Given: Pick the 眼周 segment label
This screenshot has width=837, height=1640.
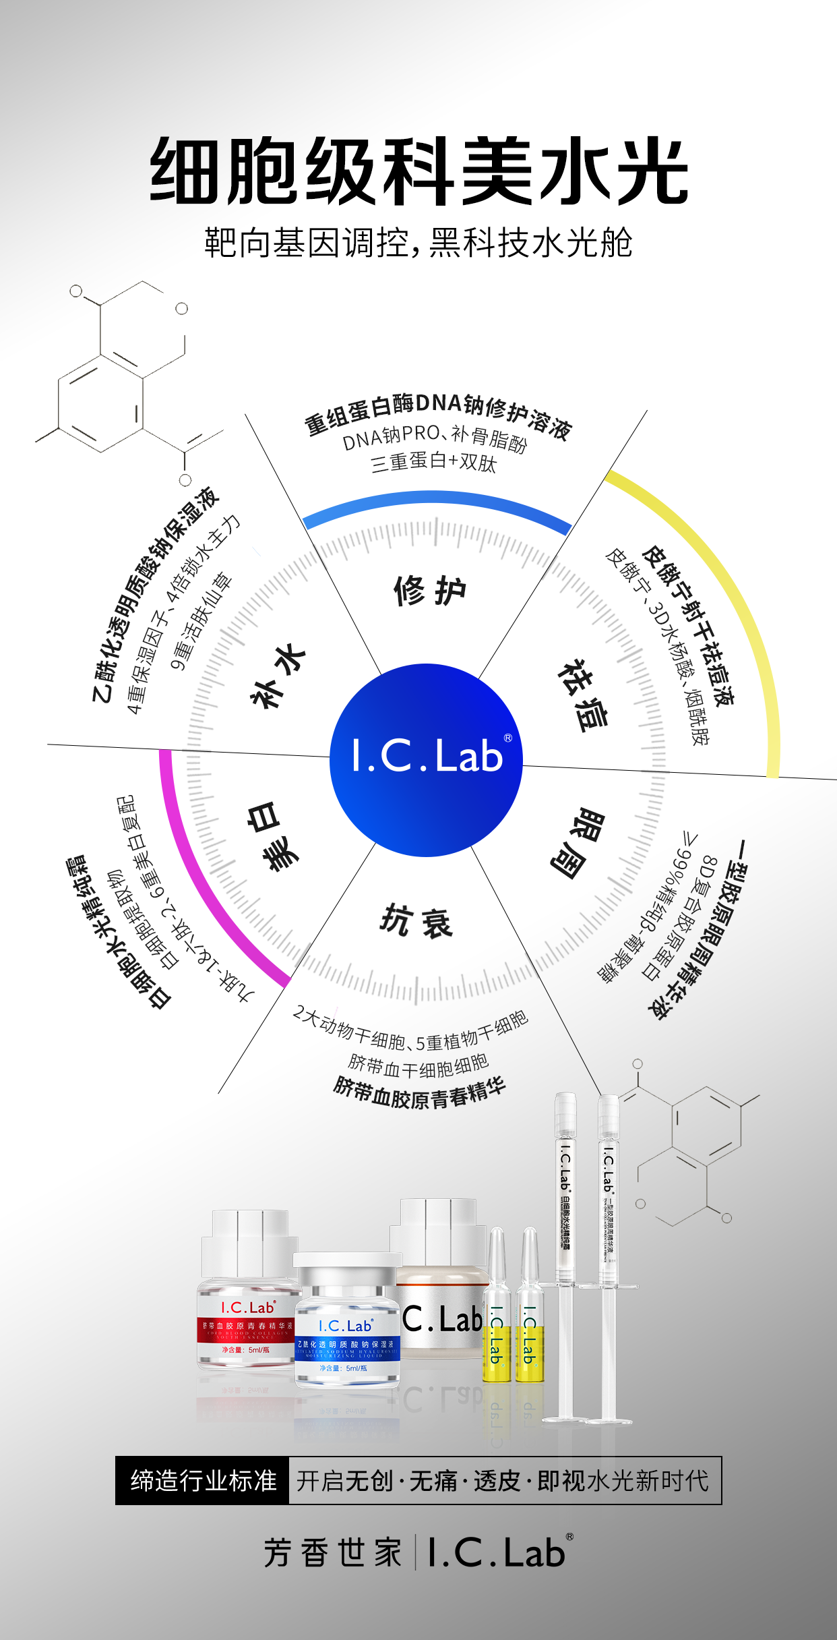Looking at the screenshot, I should [577, 843].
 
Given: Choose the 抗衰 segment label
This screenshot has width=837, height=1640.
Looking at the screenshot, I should [416, 921].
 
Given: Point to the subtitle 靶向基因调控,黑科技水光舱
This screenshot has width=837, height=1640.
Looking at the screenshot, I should [418, 243].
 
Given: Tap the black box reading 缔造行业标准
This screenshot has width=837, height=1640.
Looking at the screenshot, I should [203, 1480].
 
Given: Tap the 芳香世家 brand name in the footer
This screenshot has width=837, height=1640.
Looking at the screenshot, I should [333, 1552].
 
